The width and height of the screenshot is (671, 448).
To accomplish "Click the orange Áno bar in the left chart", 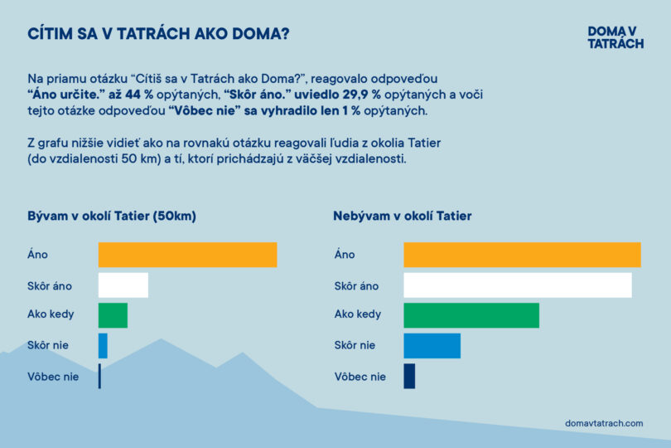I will [187, 255].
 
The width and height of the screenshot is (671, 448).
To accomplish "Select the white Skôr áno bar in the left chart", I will [123, 285].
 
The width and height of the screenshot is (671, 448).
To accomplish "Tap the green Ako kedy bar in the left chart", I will [113, 315].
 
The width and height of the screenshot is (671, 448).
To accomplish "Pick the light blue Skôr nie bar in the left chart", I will [103, 345].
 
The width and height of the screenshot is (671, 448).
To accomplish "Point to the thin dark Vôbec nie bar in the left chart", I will [99, 376].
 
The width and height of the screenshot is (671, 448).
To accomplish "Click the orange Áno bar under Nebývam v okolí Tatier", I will [522, 255].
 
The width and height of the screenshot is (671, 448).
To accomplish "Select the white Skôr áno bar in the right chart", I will [518, 285].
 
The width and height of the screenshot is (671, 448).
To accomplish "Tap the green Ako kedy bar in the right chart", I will [471, 315].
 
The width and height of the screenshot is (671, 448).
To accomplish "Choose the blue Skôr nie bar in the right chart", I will [432, 345].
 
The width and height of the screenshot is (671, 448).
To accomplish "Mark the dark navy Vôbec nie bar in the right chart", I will [409, 376].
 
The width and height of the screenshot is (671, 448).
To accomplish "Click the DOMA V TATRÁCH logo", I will [615, 37].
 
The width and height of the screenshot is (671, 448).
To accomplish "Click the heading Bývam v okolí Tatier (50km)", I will [112, 217].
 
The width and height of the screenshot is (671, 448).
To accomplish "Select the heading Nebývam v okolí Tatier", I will [403, 217].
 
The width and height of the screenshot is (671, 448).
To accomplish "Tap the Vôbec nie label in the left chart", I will [53, 376].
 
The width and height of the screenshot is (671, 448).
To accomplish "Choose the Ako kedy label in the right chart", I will [358, 315].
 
